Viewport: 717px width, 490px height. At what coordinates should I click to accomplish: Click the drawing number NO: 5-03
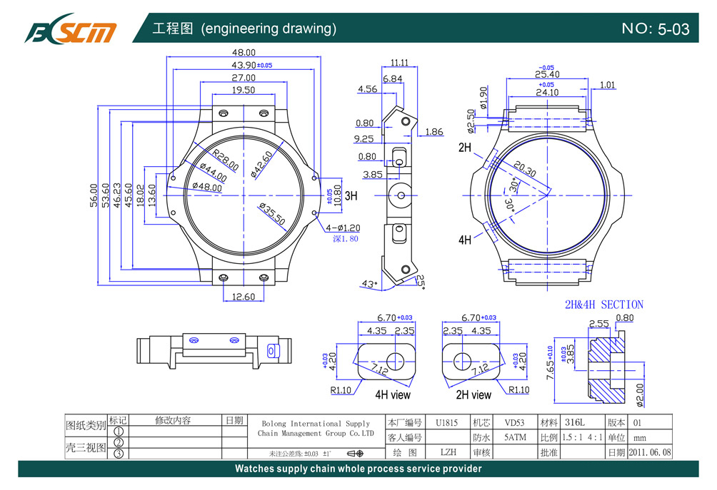[x=655, y=29]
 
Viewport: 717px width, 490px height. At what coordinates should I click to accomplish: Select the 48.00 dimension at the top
[x=244, y=53]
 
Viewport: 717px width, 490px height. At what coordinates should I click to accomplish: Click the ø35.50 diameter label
[x=272, y=215]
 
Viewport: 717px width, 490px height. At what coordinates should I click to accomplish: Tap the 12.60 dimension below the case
[x=244, y=297]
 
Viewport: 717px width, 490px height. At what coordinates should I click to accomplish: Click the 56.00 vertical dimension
[x=92, y=196]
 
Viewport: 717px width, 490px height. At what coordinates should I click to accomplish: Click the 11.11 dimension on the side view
[x=399, y=63]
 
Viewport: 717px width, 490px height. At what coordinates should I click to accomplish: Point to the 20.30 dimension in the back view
[x=524, y=169]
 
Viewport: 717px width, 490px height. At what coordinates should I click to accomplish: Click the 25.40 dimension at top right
[x=546, y=74]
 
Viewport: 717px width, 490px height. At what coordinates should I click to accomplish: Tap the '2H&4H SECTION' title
[x=603, y=305]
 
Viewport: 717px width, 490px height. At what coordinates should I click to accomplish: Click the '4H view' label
[x=393, y=394]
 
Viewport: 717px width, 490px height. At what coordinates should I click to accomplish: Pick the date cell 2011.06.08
[x=649, y=452]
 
